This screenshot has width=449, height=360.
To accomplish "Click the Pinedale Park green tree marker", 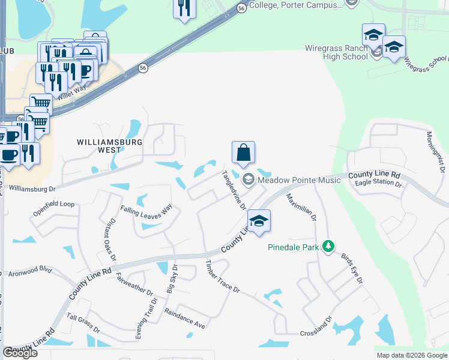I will pos(328,247).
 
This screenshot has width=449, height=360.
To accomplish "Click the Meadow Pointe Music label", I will pos(298,180).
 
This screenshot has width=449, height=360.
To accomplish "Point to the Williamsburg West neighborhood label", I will pos(109,148).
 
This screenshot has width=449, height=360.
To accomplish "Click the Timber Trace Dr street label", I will pos(222,277).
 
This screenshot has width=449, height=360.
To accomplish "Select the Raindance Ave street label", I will pos(185,318).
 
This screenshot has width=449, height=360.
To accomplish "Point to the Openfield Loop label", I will pos(54,205).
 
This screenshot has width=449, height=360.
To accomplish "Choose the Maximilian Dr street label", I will pos(301,208).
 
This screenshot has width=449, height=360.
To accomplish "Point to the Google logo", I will pos(20,353).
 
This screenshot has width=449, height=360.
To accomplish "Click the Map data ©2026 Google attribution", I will pos(412,355).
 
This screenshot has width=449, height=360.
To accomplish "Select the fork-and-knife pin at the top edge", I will pos(184,8).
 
